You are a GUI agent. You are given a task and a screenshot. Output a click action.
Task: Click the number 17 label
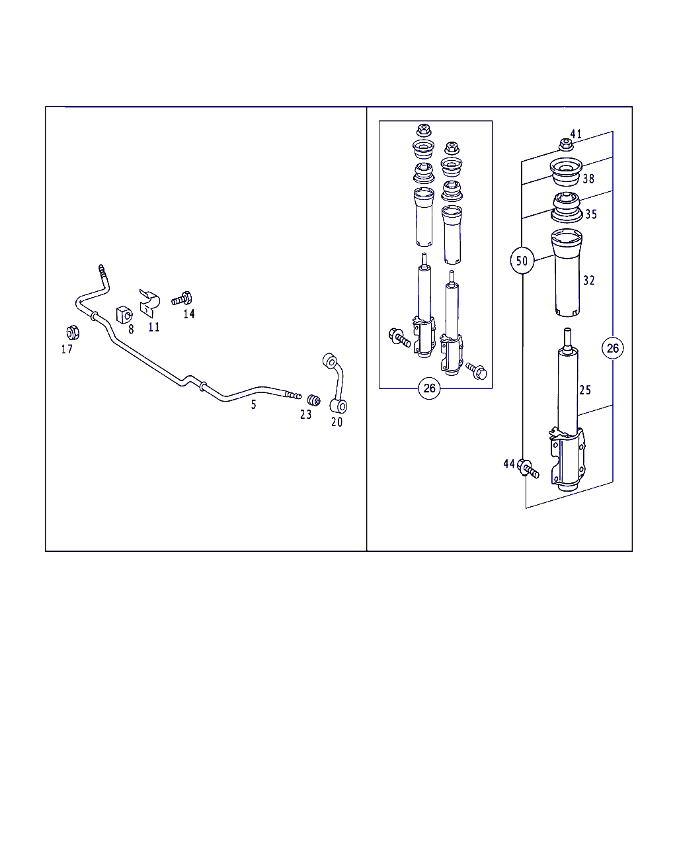pos(67,349)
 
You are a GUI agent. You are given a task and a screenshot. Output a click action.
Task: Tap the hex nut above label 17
pos(73,333)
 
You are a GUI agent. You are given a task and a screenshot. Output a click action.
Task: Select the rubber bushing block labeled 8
pos(124,314)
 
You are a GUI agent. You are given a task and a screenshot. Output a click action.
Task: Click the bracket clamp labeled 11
pos(149,304)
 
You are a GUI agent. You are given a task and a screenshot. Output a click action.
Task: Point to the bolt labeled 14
pos(182,298)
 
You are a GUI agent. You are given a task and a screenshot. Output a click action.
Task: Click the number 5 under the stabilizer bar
pos(254,404)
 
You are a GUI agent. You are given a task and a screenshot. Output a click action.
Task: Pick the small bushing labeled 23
pos(313,400)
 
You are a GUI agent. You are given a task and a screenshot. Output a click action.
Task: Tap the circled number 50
pos(522,261)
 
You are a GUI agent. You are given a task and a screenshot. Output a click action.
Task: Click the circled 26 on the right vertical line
pos(612,348)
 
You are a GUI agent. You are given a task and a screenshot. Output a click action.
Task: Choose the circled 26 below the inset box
pos(429,388)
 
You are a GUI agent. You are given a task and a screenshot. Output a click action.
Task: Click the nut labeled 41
pos(566,144)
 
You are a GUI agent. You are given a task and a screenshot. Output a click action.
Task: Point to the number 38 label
pos(588,179)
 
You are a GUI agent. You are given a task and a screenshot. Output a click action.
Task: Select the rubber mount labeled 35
pos(567,207)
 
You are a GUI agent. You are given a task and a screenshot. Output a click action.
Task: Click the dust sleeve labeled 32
pos(567,273)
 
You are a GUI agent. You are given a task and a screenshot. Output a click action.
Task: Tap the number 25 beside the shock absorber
pos(585,390)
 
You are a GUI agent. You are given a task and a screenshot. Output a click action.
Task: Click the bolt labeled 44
pos(528,468)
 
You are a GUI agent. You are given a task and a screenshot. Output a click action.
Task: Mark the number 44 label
pos(509,464)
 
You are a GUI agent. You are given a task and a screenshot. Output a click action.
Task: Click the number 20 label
pos(337,422)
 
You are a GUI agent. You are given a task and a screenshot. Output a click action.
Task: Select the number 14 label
pos(189,314)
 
